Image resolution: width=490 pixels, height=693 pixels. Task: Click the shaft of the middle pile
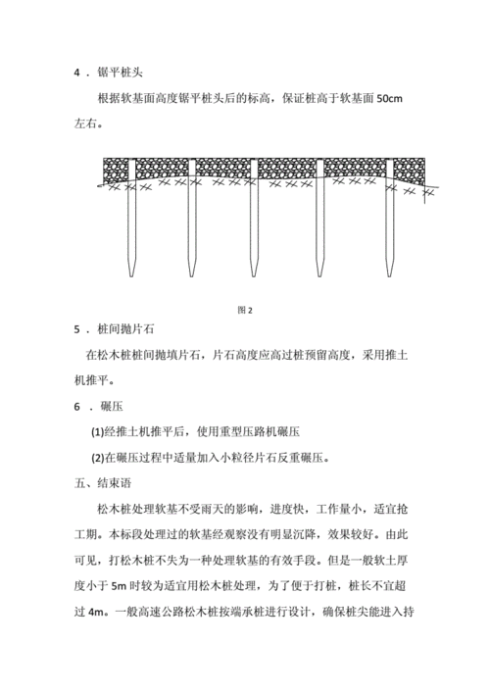[255, 225]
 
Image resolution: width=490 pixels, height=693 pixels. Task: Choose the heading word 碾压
[110, 406]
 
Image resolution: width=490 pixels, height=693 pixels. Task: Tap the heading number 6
[77, 406]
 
